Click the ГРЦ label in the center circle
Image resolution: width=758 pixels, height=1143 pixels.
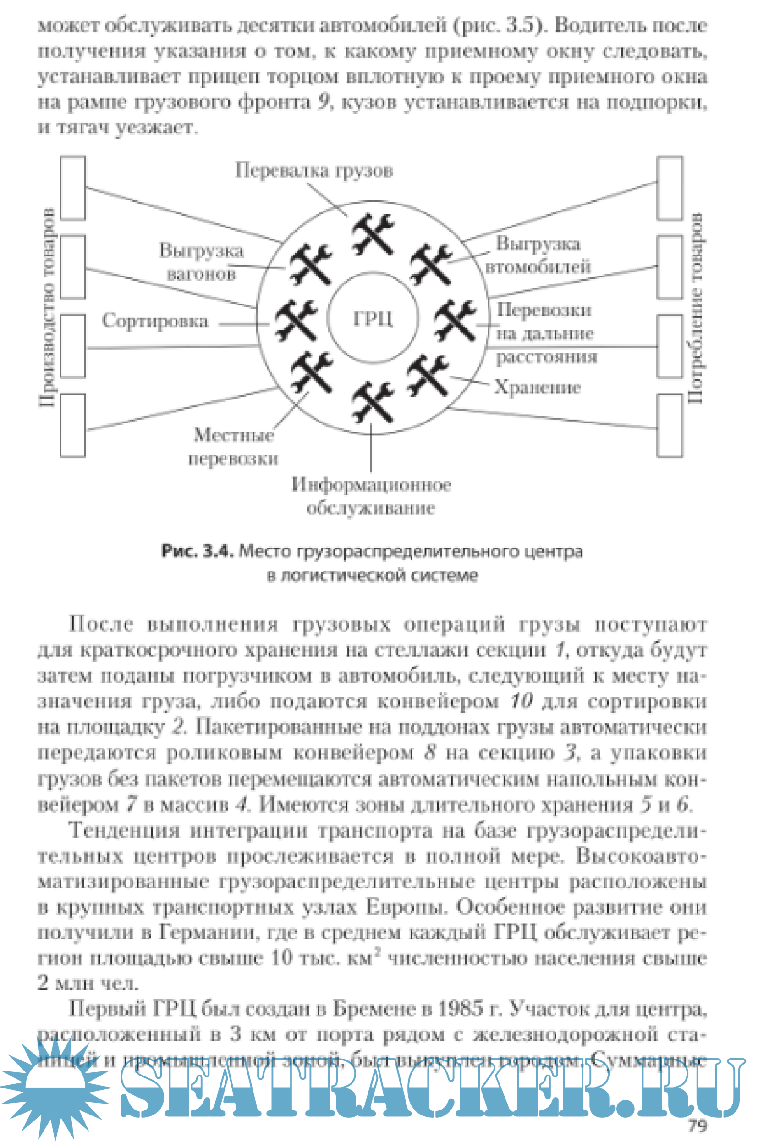coord(373,318)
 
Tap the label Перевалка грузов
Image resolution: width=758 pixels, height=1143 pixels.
coord(314,170)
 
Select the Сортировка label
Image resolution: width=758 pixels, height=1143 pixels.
coord(155,321)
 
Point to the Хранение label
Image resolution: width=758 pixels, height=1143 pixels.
coord(537,388)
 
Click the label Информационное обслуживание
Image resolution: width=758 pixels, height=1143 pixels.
coord(371,496)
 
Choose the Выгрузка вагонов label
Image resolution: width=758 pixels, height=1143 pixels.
coord(202,262)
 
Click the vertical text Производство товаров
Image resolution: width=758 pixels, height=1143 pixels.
coord(47,308)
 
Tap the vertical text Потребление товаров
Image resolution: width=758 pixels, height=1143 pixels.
coord(695,308)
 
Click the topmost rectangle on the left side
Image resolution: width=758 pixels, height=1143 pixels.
coord(73,188)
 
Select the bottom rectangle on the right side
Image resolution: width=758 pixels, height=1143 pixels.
coord(670,425)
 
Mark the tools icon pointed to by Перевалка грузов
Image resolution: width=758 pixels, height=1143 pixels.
coord(373,234)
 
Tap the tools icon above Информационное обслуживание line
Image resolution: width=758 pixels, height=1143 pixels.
coord(372,401)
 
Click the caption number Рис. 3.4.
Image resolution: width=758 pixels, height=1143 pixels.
coord(198,551)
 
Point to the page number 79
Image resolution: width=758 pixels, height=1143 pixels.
coord(697,1126)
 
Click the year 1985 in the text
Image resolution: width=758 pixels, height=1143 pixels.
coord(460,1009)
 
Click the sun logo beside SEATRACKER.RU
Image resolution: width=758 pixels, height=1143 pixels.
coord(55,1088)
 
